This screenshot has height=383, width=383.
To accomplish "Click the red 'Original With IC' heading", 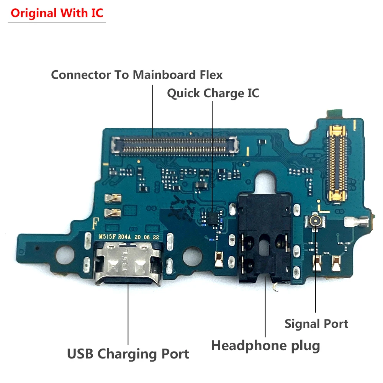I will [x=57, y=13].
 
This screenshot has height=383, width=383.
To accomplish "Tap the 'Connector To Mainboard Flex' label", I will [x=137, y=74].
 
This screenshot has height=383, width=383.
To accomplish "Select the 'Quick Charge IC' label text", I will [x=213, y=93].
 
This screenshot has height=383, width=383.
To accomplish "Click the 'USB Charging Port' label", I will [x=128, y=354].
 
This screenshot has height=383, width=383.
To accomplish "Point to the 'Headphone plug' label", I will [x=265, y=345].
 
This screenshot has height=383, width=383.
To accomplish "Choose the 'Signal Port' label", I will [x=316, y=324].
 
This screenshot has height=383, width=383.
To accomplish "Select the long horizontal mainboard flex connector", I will [x=175, y=145].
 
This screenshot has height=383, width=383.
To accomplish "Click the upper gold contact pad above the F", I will [x=113, y=198].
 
